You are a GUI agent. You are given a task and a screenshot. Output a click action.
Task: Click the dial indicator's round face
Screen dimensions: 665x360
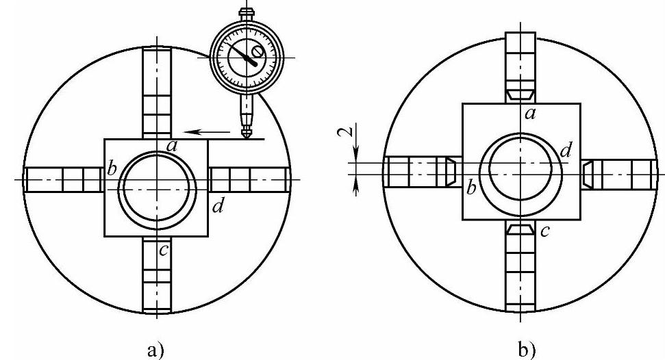(x=243, y=57)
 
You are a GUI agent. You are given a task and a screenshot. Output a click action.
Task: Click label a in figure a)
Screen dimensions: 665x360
(x=172, y=146)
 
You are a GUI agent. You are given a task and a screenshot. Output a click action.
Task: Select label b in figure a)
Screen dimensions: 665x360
(x=112, y=168)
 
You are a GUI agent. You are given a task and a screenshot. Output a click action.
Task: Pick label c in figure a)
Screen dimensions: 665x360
(x=164, y=250)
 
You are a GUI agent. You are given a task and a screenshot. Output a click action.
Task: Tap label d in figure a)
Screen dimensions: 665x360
(x=218, y=206)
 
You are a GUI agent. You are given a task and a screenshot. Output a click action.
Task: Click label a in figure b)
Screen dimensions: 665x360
(x=530, y=113)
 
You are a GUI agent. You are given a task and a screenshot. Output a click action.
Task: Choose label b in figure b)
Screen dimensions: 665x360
(x=471, y=187)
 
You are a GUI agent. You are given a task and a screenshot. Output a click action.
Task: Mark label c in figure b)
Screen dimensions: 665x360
(x=545, y=231)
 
